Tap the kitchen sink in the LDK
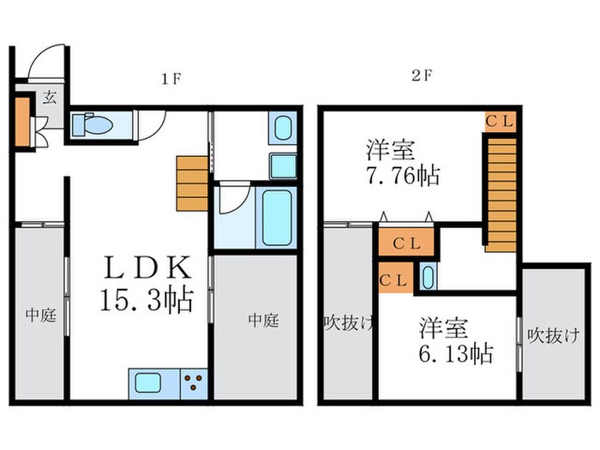(151, 381)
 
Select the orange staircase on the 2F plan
(501, 188)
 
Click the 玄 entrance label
(50, 97)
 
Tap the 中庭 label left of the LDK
(39, 315)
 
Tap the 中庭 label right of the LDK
(263, 320)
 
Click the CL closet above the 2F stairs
(499, 122)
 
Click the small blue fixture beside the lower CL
(427, 278)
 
